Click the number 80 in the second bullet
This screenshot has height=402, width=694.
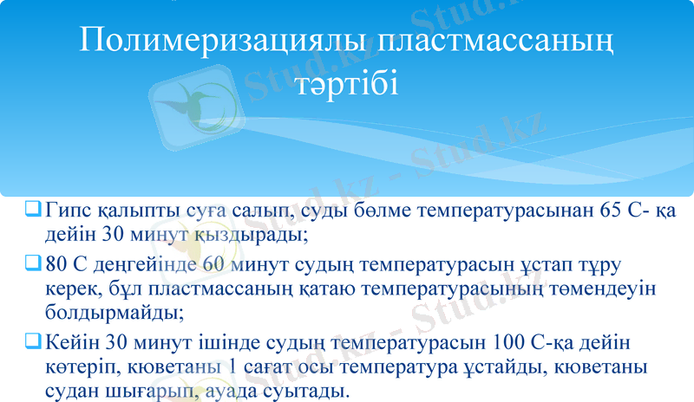point(57,263)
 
